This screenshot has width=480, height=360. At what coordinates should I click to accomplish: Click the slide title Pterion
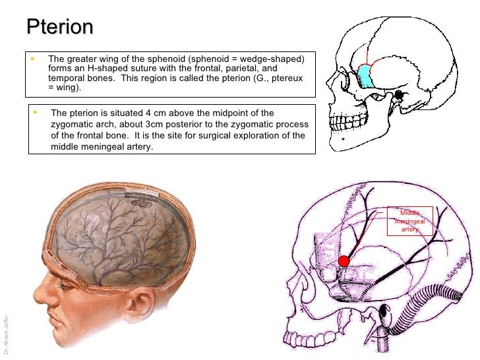coord(60,27)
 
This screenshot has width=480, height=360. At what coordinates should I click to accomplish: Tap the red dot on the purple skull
coord(344,261)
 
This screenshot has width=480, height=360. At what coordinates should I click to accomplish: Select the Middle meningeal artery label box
coord(410,221)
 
